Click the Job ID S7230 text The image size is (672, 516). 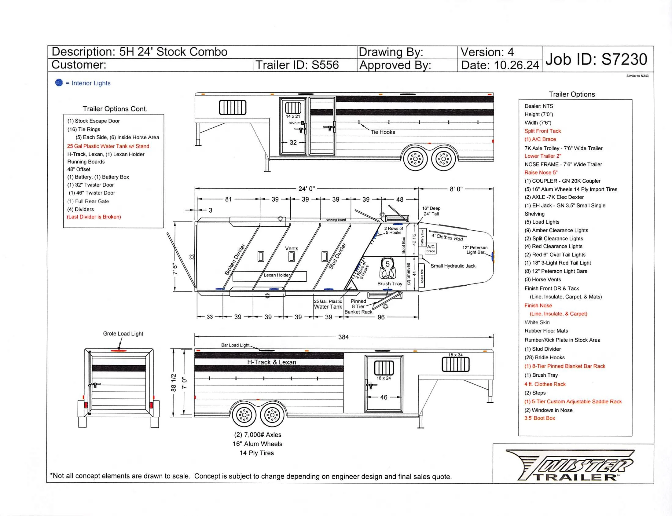point(596,59)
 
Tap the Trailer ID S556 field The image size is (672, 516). point(297,65)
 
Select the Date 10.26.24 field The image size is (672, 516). point(500,65)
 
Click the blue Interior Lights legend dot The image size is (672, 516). point(59,82)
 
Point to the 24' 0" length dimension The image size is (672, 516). point(306,188)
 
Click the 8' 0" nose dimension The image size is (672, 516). point(456,189)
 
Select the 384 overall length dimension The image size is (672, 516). point(343,337)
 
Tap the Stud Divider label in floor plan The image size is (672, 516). point(337,256)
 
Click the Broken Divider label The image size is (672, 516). point(235,259)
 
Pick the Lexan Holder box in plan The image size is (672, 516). point(270,276)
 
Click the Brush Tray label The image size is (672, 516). point(390,284)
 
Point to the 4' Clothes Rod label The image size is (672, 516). point(447,237)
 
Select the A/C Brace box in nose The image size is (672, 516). point(431,248)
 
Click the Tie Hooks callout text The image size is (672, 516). point(383,132)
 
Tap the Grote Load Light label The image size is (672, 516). point(123,334)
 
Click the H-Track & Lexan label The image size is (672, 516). point(272,362)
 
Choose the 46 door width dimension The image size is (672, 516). point(384,397)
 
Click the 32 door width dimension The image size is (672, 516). point(293,142)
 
